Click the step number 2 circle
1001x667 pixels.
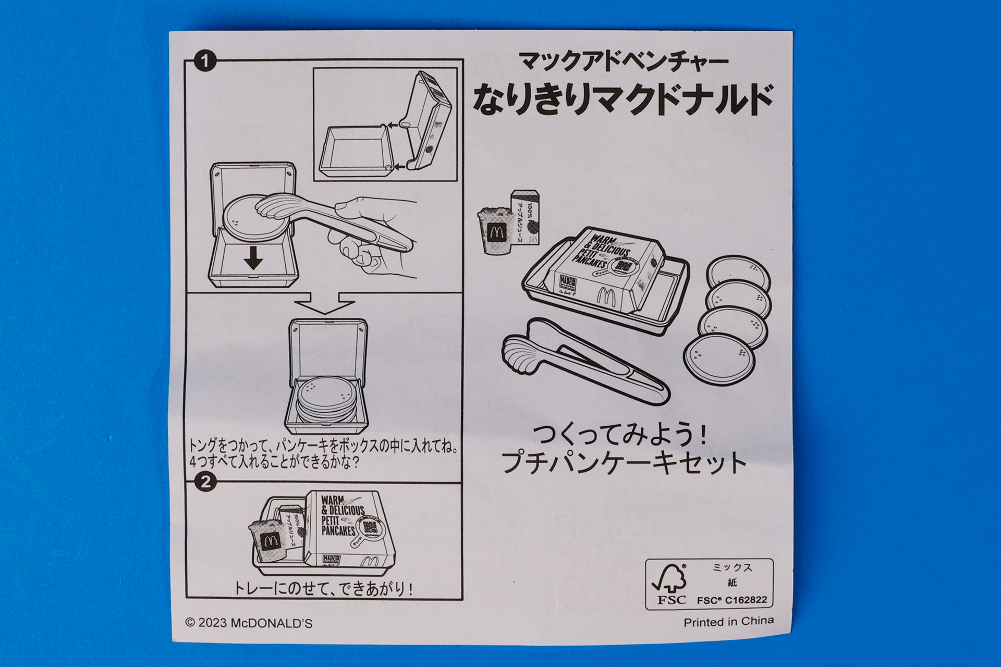click(205, 481)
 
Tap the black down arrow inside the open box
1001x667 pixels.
click(253, 258)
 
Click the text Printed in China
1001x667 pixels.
click(728, 622)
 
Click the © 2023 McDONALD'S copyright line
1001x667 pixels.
click(249, 623)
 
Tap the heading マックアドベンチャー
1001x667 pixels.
click(623, 62)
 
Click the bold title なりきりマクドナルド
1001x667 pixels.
click(623, 99)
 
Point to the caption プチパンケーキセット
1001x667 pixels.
click(624, 462)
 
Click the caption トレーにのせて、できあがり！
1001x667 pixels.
click(324, 589)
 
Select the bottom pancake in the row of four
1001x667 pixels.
click(719, 359)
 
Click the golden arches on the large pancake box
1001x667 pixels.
click(606, 297)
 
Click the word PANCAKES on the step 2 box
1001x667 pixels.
click(338, 530)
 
